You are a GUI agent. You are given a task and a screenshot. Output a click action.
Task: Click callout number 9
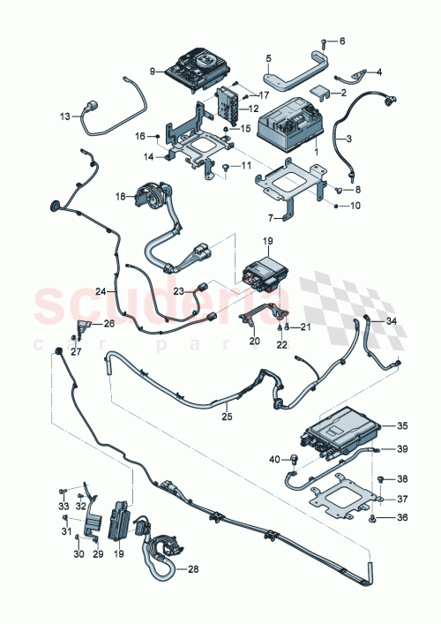[x=153, y=71]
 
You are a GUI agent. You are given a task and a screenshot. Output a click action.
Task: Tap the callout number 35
[x=401, y=425]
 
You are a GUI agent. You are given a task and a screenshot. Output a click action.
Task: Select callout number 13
[x=64, y=116]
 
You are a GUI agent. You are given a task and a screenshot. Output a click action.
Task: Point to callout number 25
[x=226, y=414]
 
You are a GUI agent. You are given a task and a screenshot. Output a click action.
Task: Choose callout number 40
[x=273, y=458]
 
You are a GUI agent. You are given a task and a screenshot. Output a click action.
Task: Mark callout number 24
[x=101, y=290]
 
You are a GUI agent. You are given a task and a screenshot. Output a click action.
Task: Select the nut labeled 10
[x=338, y=206]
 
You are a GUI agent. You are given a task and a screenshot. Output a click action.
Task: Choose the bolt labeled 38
[x=380, y=478]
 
